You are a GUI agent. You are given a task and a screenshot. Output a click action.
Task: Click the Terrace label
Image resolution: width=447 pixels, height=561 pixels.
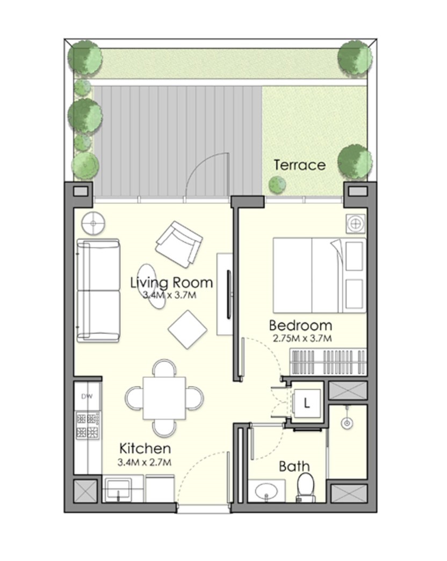[x=300, y=165]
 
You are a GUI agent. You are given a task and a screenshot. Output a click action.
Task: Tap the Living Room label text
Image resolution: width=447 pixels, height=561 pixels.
[x=171, y=283]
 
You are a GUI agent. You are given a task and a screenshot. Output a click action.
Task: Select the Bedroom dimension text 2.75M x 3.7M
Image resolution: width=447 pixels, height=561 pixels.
[x=302, y=338]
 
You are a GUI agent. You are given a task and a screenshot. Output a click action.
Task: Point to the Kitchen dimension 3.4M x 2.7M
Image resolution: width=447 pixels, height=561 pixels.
[x=145, y=462]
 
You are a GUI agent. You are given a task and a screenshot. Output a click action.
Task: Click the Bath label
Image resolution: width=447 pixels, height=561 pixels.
[x=294, y=466]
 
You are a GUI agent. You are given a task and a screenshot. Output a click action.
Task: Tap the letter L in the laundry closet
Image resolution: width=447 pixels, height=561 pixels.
[x=306, y=403]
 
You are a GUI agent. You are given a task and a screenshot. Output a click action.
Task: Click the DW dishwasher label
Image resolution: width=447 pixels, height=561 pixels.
[x=86, y=396]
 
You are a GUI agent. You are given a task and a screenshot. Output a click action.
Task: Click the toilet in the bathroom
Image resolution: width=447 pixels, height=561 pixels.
[x=306, y=487]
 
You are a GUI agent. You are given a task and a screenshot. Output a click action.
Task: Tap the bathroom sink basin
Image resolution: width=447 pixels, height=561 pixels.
[x=265, y=491]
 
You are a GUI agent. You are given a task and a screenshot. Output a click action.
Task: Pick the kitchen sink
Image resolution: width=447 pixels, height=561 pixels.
[x=118, y=489]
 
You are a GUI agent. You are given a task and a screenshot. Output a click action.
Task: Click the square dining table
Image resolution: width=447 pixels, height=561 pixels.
[x=164, y=398]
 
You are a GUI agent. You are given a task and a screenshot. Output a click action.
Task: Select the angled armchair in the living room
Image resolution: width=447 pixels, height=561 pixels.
[x=178, y=244]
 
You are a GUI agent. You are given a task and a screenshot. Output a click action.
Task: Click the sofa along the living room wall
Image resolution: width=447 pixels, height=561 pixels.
[x=98, y=290]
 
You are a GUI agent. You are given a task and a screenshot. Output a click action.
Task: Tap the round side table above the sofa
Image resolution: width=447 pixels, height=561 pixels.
[x=93, y=224]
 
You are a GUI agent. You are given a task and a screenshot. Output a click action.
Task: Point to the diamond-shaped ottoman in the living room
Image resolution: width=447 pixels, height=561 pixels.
[x=188, y=329]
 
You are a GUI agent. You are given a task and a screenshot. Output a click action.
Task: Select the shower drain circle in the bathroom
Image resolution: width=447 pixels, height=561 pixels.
[x=347, y=424]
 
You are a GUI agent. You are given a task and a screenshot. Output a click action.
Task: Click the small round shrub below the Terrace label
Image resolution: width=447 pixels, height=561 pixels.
[x=277, y=184]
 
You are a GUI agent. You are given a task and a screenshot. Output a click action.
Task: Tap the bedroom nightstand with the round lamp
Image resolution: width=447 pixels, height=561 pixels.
[x=356, y=224]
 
